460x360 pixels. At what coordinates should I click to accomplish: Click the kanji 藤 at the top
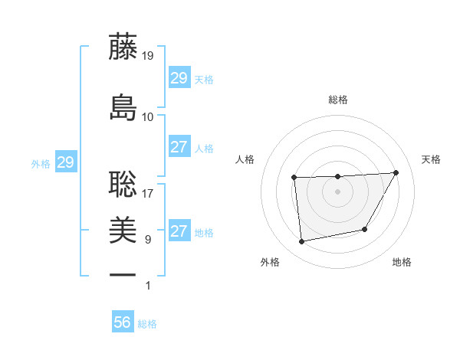tap(123, 47)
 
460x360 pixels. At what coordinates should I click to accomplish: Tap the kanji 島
tap(123, 107)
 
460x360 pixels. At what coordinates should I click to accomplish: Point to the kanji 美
tap(123, 230)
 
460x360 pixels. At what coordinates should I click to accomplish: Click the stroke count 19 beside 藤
tap(148, 56)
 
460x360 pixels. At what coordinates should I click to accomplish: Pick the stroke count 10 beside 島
tap(148, 116)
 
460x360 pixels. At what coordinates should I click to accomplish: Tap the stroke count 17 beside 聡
tap(148, 193)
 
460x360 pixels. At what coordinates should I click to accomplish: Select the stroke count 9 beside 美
tap(148, 240)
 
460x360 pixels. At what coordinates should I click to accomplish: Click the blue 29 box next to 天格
tap(179, 78)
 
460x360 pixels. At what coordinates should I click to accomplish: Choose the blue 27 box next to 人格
tap(179, 147)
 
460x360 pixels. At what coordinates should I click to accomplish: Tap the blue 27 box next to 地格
tap(179, 231)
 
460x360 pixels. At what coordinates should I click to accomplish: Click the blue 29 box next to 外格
tap(66, 162)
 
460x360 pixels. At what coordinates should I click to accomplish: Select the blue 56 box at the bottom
tap(123, 322)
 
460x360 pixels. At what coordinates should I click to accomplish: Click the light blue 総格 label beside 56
tap(147, 324)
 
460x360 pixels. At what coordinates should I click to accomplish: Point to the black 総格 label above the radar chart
tap(338, 100)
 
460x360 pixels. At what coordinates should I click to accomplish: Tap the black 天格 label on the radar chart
tap(432, 159)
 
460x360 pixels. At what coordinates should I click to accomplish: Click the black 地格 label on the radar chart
tap(402, 263)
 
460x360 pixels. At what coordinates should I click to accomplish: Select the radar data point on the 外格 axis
tap(302, 242)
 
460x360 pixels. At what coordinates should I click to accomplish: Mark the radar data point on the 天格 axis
tap(396, 172)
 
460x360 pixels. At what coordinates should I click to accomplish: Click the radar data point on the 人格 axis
tap(294, 178)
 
